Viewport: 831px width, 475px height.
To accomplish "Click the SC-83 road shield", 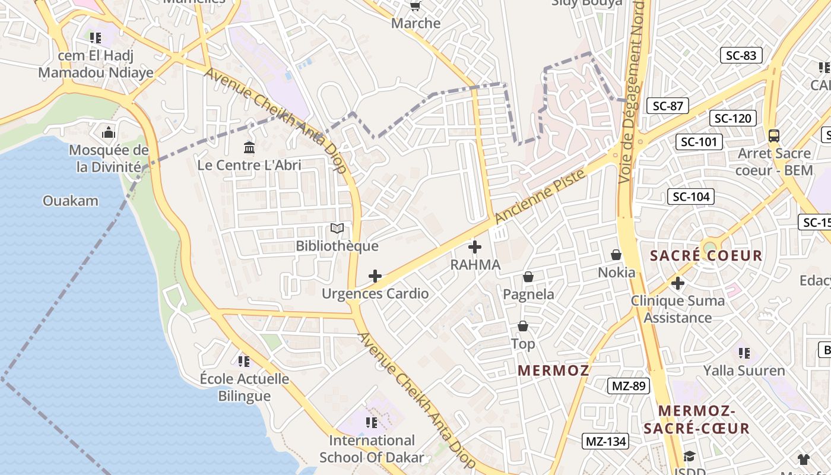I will (x=741, y=56).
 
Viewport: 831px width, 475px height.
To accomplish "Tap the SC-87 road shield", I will (x=668, y=106).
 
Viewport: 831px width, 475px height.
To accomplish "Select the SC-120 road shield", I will (x=732, y=118).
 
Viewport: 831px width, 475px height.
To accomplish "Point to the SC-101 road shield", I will (x=699, y=142).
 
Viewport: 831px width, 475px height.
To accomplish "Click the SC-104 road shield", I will (x=690, y=197).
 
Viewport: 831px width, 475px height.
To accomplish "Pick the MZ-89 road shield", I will (x=629, y=386).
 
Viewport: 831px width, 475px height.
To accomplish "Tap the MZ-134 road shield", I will (x=606, y=441).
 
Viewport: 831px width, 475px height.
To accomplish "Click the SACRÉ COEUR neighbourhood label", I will (x=706, y=256).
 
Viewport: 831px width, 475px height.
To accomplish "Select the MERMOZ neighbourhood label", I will (x=553, y=370).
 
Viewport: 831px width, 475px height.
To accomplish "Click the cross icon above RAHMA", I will (x=475, y=247).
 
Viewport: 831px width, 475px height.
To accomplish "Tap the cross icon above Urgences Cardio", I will (x=375, y=276).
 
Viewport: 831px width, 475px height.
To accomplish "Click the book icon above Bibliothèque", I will (x=337, y=229).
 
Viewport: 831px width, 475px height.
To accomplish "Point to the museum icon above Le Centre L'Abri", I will (x=249, y=147).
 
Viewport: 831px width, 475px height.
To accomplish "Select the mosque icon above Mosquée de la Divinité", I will (x=109, y=132).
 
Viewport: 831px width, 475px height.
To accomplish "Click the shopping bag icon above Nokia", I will (x=616, y=255).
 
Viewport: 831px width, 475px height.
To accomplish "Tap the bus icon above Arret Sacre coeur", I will (x=774, y=135).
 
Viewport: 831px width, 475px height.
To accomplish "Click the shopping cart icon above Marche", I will (x=415, y=6).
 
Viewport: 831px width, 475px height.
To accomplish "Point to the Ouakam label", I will (x=71, y=201).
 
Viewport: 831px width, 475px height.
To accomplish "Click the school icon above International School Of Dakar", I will (x=372, y=423).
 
